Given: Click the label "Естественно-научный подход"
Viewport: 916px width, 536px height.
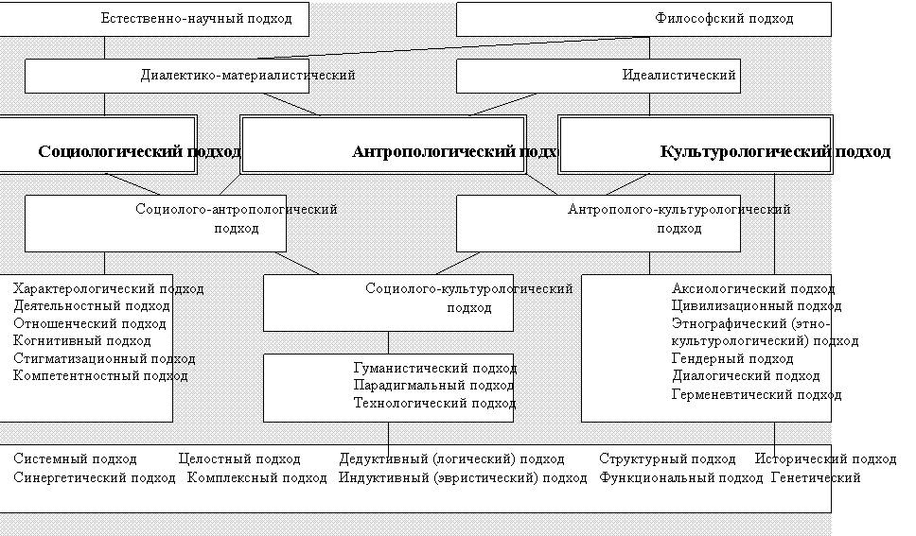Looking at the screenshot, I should (x=196, y=18).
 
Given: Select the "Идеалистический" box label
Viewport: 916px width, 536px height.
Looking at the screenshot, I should (x=679, y=75).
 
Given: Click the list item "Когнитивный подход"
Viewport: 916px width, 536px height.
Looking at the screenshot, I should (x=82, y=340).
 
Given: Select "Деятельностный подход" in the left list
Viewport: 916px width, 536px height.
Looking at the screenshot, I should (x=92, y=305).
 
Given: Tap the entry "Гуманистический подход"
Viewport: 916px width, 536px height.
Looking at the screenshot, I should (x=433, y=368).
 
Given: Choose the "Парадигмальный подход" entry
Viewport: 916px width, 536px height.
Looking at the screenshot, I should (x=433, y=386).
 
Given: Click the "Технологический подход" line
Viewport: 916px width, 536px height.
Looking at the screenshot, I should (x=433, y=404).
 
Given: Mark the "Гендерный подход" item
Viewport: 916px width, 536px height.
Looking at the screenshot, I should (x=732, y=358).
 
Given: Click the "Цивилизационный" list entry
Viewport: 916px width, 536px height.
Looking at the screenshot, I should (x=751, y=305).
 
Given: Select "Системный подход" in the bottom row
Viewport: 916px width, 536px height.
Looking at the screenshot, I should (x=75, y=458).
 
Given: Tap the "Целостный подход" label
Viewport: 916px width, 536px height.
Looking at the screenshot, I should (x=239, y=458).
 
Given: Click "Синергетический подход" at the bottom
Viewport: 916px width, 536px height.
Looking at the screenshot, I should (x=95, y=477).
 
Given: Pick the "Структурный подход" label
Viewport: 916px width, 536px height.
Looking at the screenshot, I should (x=667, y=458).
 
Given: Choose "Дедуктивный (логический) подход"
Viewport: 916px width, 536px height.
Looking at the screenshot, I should (x=452, y=458).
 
